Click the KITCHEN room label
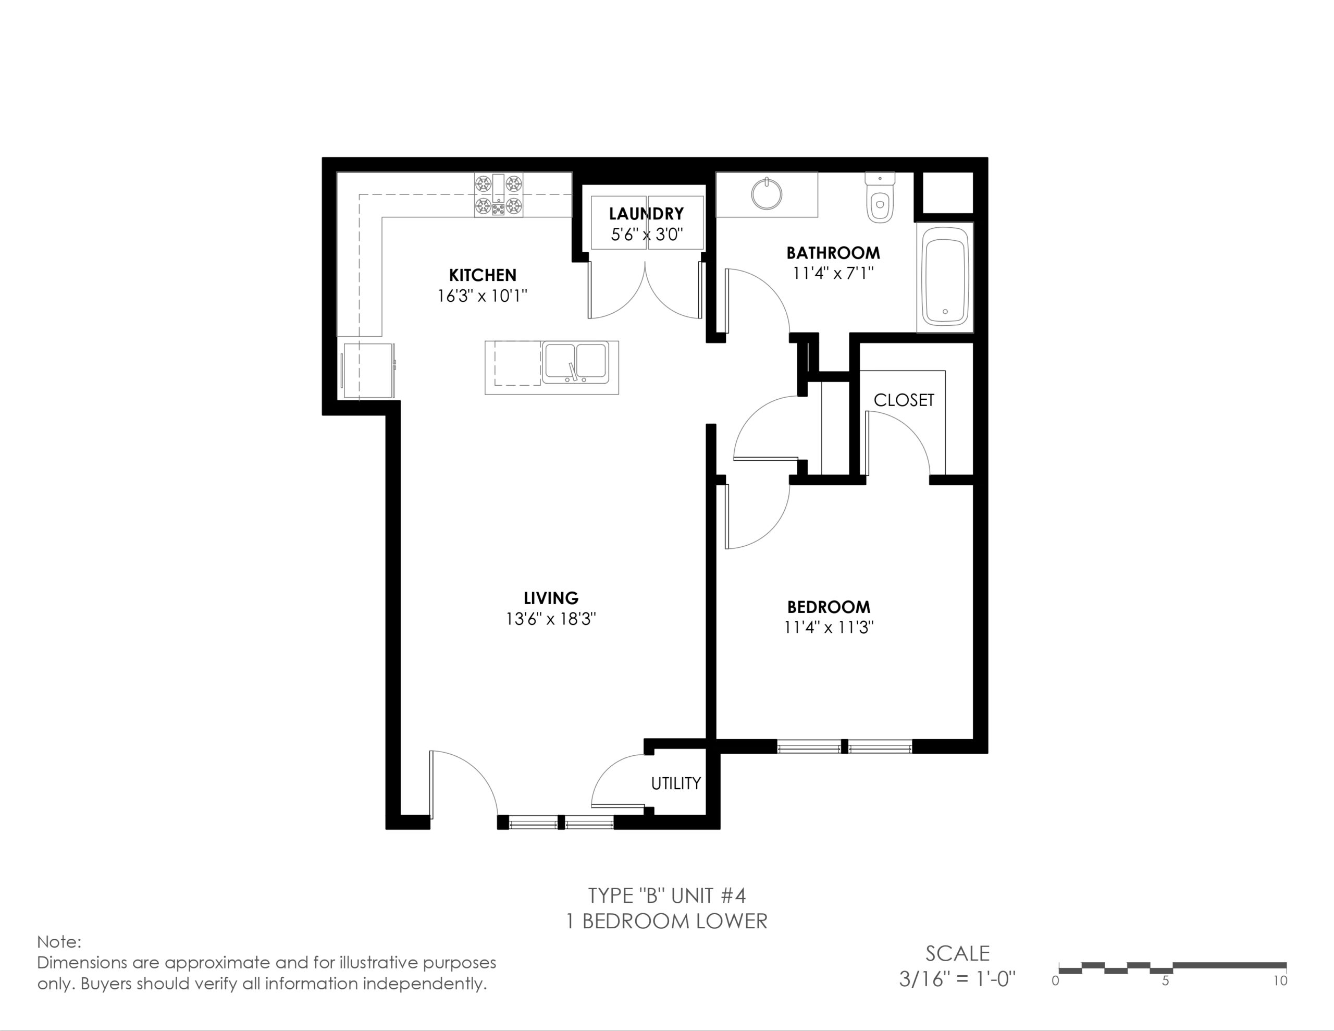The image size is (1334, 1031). click(x=483, y=275)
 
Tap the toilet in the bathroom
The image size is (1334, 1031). click(x=880, y=198)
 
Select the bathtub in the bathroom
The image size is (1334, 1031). click(x=945, y=277)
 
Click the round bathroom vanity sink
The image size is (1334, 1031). click(x=767, y=193)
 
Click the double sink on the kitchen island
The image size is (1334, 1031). click(x=575, y=363)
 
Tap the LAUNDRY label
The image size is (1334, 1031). click(x=646, y=214)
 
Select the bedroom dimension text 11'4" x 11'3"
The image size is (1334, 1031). click(x=829, y=628)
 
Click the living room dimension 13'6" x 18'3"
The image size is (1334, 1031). click(x=550, y=619)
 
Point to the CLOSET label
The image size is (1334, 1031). click(x=904, y=400)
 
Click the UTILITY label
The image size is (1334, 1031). click(x=675, y=783)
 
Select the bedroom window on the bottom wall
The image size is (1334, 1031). click(x=845, y=746)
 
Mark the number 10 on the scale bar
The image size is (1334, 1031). click(x=1280, y=981)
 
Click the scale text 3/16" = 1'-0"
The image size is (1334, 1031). click(x=957, y=980)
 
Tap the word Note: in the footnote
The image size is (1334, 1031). click(x=59, y=942)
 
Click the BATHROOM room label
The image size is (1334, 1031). click(x=833, y=253)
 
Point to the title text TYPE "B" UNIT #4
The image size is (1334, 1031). click(x=667, y=896)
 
